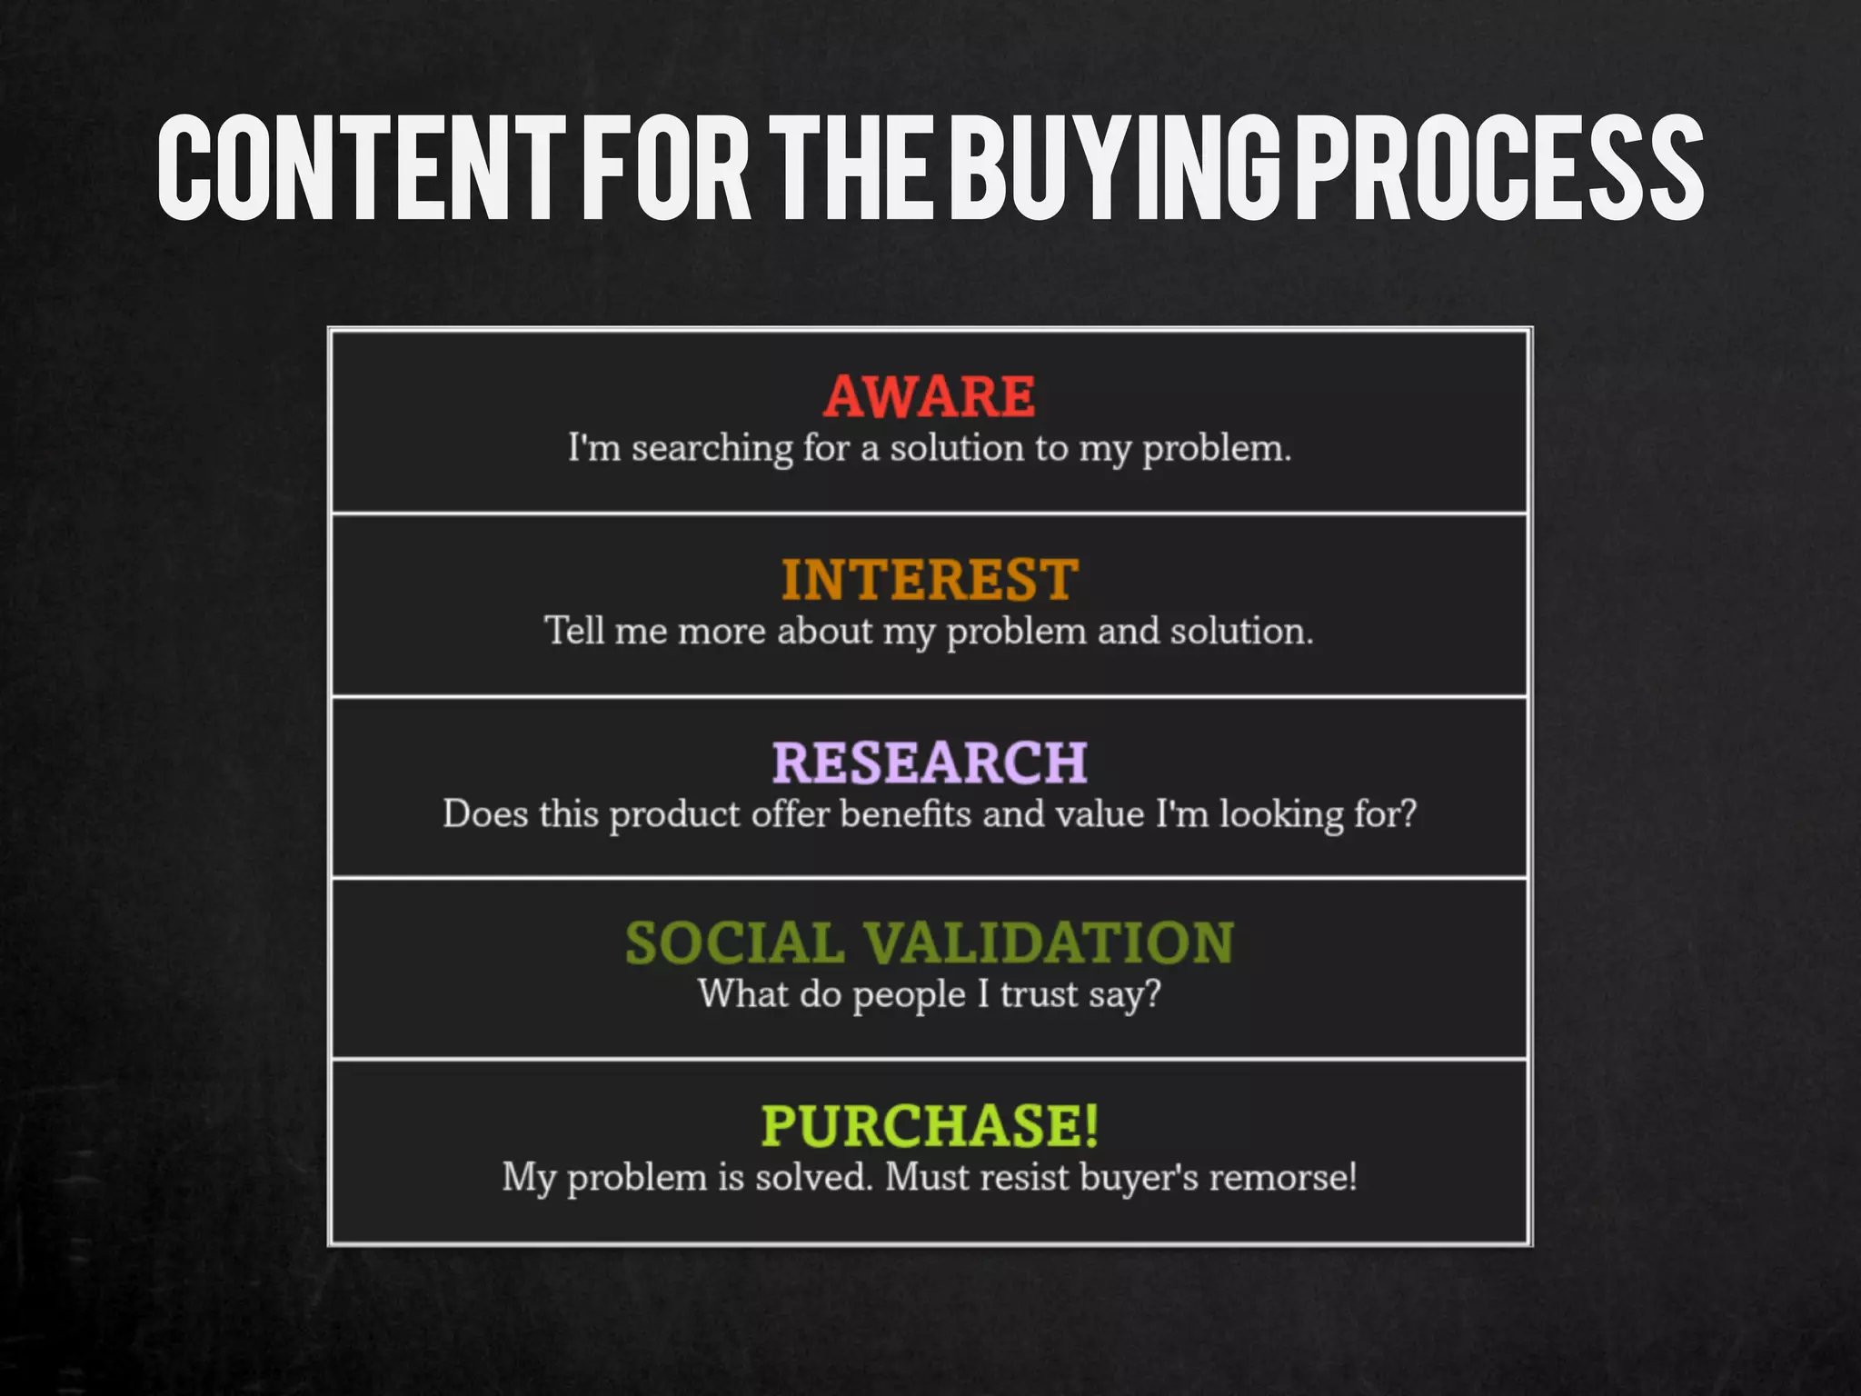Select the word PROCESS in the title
click(x=1499, y=168)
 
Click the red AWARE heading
click(x=930, y=396)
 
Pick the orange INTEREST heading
click(x=930, y=580)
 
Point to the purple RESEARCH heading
click(x=930, y=762)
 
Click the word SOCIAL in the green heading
click(x=734, y=942)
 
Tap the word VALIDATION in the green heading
click(x=1048, y=942)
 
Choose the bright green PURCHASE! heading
click(x=930, y=1125)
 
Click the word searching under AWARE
click(x=712, y=449)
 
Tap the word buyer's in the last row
click(x=1139, y=1178)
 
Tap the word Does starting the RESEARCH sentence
click(x=485, y=813)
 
